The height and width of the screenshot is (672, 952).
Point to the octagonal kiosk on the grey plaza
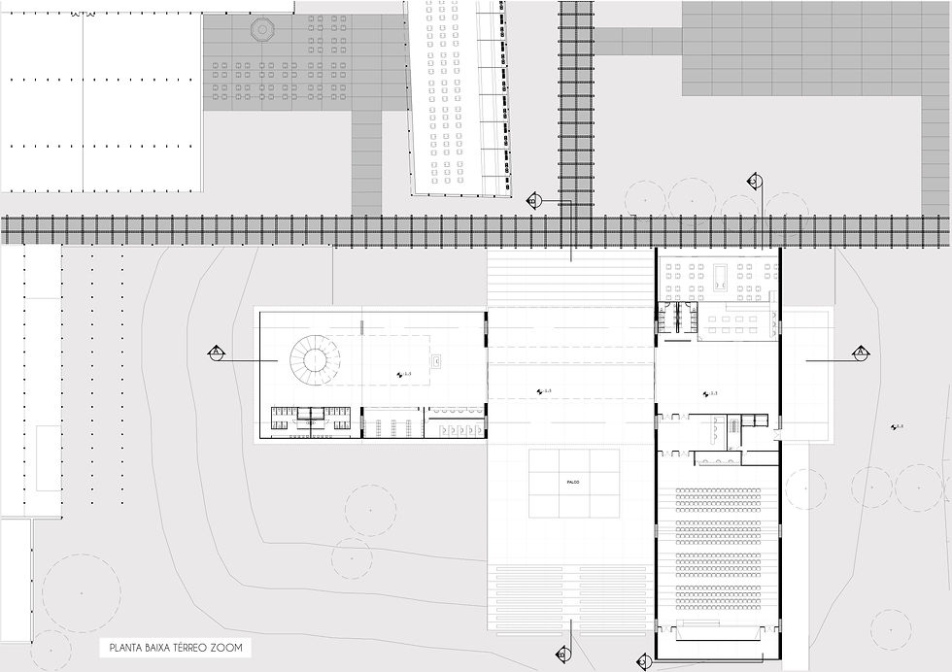(261, 29)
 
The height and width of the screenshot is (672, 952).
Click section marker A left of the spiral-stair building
(217, 353)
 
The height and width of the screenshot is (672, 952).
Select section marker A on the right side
(861, 353)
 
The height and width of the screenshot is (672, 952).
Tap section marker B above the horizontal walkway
(532, 201)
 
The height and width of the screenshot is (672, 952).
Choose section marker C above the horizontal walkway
(753, 182)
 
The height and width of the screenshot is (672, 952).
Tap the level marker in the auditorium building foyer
(709, 393)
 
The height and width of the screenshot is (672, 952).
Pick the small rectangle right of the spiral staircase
(436, 361)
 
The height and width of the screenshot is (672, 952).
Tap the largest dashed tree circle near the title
(82, 592)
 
